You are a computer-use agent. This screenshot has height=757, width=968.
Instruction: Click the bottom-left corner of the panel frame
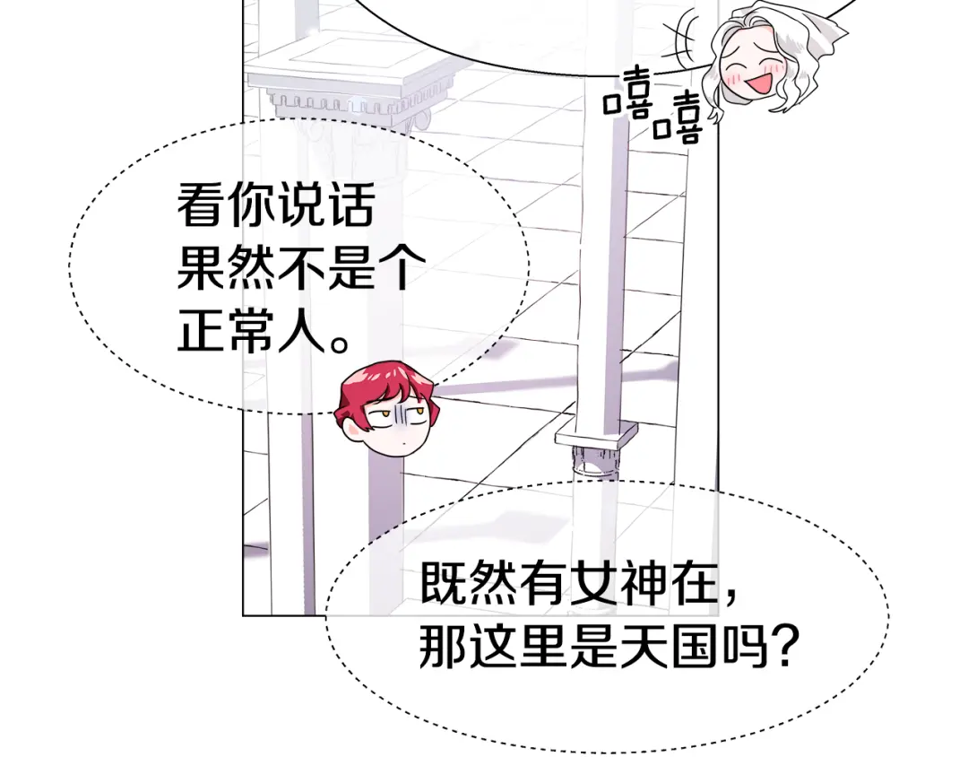click(243, 615)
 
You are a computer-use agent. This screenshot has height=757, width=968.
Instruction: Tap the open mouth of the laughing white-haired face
click(759, 83)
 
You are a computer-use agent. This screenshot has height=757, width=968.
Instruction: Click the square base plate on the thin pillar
click(596, 434)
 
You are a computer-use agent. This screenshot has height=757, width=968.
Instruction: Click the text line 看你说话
click(276, 204)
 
